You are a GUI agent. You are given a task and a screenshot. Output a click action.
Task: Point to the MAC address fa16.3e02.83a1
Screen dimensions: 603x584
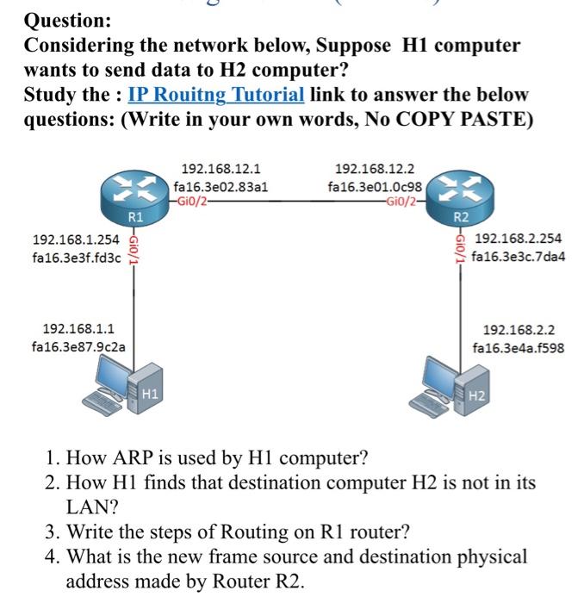coord(221,186)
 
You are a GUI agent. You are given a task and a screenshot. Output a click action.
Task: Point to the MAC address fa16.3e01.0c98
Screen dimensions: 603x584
coord(375,186)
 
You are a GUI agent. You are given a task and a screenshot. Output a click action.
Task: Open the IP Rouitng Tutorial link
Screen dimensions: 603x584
coord(215,93)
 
